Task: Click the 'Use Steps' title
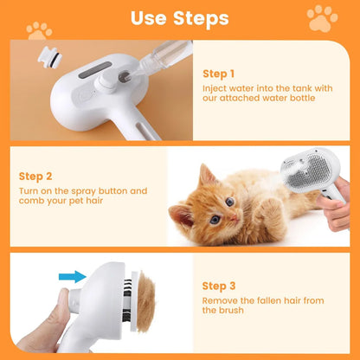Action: point(180,17)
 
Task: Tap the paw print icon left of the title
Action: point(38,30)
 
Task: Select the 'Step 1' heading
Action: point(217,74)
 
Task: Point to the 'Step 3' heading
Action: point(217,285)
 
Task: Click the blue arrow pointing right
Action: point(72,277)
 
